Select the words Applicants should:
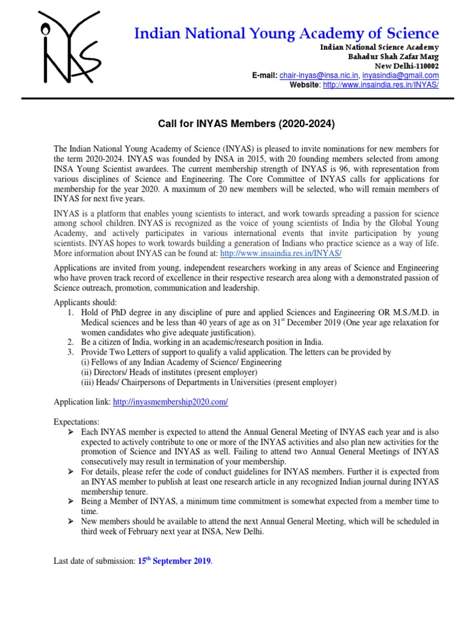(85, 302)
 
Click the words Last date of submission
(94, 561)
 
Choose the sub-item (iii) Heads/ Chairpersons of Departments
(209, 382)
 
